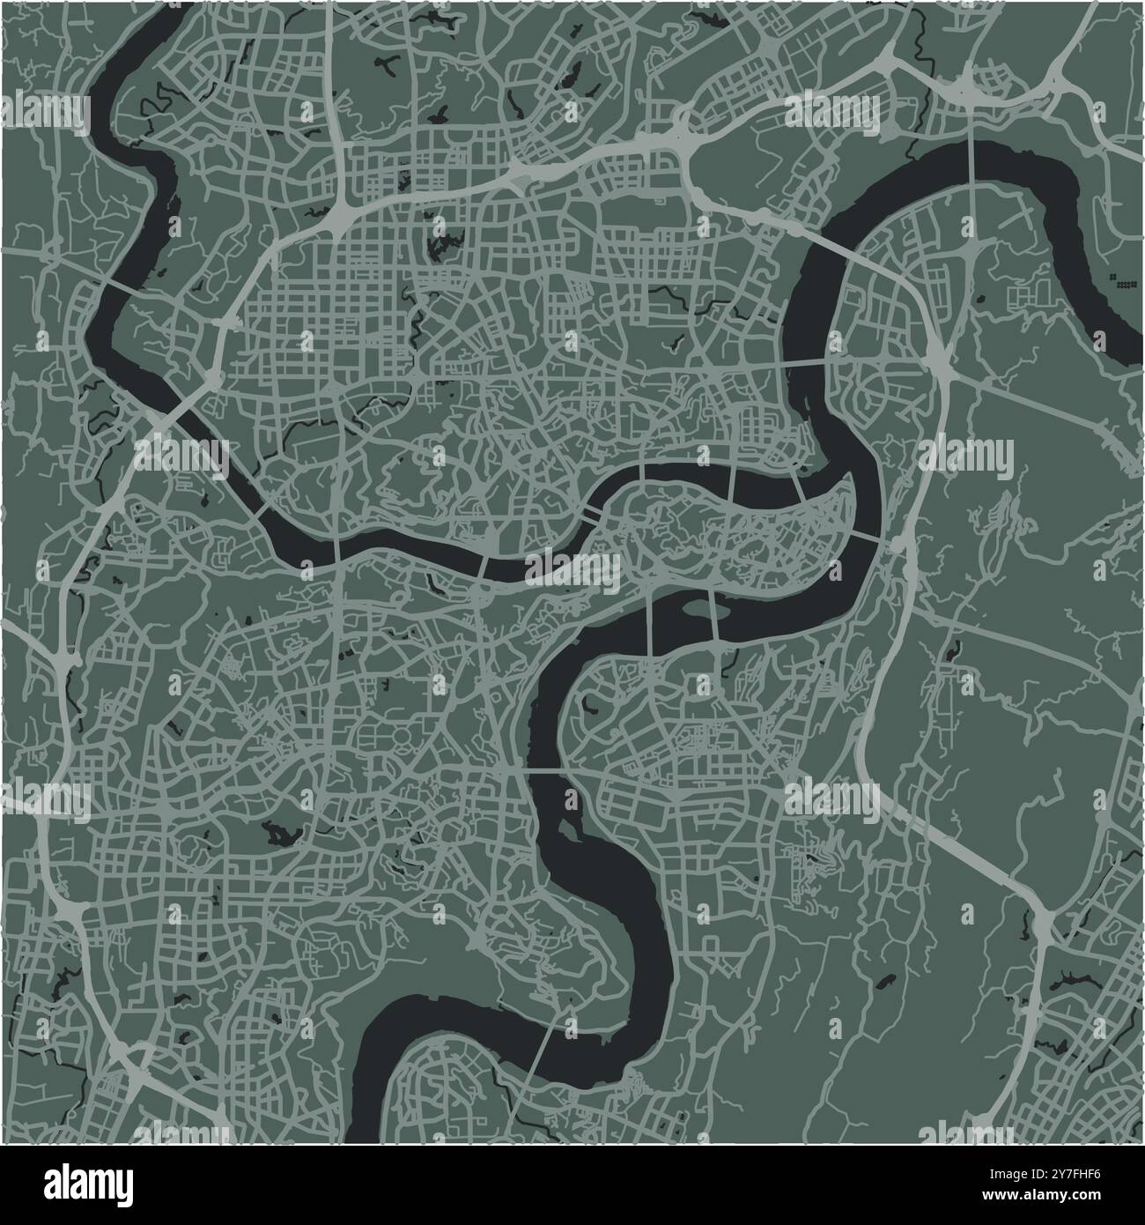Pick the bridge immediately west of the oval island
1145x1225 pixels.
coord(652,626)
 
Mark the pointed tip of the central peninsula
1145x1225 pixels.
coord(851,481)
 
